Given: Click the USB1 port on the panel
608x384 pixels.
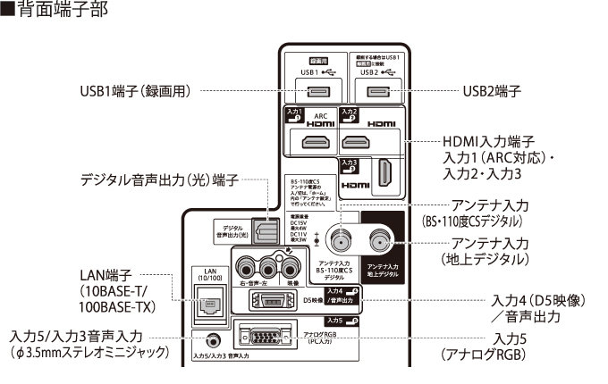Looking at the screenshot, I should [x=318, y=92].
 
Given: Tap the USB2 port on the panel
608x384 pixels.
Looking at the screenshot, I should [x=377, y=92].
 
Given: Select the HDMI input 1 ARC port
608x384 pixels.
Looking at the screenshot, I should [x=316, y=142].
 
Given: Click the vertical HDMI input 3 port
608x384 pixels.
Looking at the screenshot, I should [x=383, y=173].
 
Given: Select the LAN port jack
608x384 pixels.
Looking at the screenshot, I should [x=208, y=303].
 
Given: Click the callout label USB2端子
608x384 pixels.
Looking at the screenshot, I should [x=492, y=91].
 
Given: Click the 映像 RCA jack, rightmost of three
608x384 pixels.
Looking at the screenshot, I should [x=288, y=265].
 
